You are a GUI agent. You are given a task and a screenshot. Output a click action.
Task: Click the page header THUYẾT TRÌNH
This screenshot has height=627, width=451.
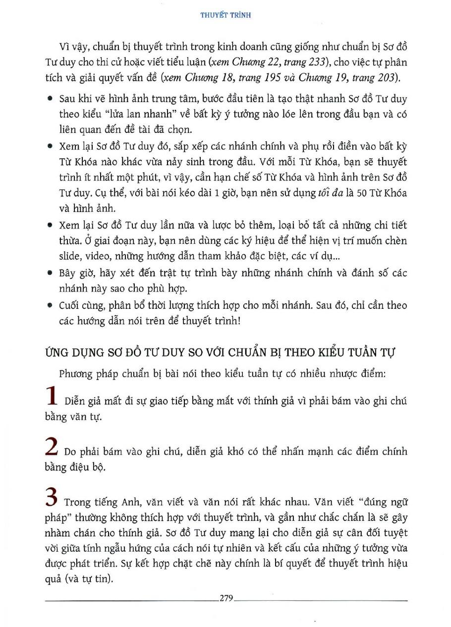[225, 15]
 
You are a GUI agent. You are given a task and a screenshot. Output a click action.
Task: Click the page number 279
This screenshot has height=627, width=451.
[225, 598]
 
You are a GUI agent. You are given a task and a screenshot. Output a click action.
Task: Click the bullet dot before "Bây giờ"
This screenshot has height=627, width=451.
[51, 273]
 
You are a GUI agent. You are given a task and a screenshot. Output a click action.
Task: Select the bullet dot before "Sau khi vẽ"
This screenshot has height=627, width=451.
[51, 99]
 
